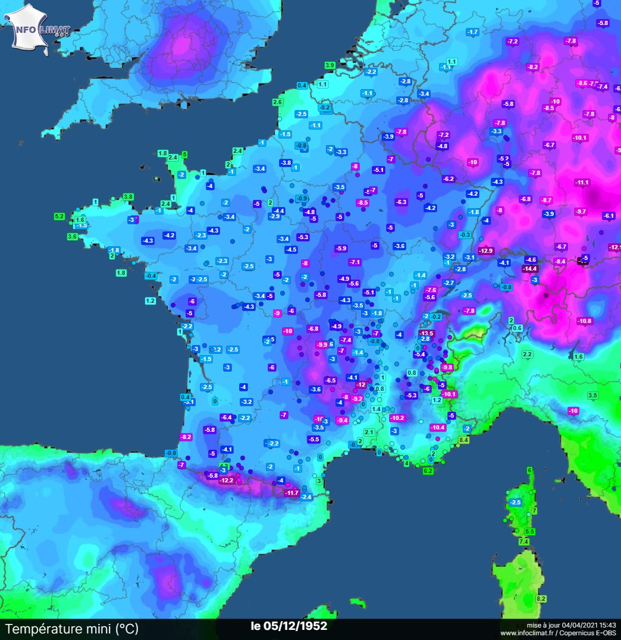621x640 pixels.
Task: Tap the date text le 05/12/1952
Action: (288, 626)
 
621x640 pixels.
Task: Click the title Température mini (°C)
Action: (71, 629)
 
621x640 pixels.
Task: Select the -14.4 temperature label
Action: (530, 268)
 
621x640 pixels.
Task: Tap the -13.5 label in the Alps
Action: (426, 333)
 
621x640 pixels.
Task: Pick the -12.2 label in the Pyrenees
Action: (227, 481)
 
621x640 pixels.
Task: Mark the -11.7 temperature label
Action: (291, 492)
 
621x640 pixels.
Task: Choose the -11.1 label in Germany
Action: (582, 182)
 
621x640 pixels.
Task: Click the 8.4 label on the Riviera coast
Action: (464, 440)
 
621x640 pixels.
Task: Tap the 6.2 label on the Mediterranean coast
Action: (428, 470)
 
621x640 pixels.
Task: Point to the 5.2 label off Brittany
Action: (59, 216)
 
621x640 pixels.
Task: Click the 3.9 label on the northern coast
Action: (330, 65)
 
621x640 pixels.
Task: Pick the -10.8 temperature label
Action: (585, 321)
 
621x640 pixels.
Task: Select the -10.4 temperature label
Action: (437, 427)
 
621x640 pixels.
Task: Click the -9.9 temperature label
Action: (322, 344)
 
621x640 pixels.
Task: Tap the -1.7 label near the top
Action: (473, 32)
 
